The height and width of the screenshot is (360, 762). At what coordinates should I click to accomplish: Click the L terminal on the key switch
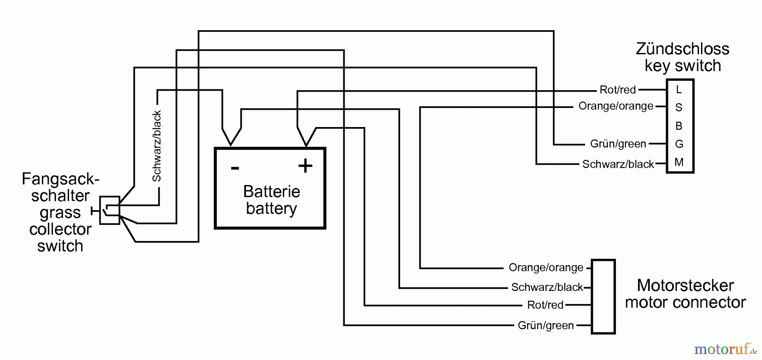[x=679, y=90]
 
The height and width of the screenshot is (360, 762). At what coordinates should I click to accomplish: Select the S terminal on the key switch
[x=679, y=108]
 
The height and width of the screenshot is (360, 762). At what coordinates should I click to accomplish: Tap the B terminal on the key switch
[x=679, y=126]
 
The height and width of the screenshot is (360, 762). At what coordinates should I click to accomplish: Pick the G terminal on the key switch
[x=679, y=144]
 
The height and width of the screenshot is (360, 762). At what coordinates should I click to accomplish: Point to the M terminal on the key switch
[x=679, y=162]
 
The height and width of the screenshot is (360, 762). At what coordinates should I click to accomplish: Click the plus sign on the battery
[x=305, y=166]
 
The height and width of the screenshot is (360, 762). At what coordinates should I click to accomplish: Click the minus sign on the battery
[x=235, y=168]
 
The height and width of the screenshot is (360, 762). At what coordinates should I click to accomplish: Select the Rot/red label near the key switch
[x=618, y=90]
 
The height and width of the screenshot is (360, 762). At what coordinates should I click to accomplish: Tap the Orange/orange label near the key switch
[x=616, y=106]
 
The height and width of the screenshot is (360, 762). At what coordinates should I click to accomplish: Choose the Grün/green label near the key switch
[x=618, y=144]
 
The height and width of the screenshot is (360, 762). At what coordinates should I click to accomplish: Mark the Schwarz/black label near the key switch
[x=618, y=164]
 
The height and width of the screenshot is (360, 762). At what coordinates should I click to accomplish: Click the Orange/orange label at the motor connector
[x=546, y=268]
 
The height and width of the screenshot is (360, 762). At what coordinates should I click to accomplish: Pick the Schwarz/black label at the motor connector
[x=547, y=287]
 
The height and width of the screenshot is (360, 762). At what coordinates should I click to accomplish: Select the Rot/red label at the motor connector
[x=545, y=305]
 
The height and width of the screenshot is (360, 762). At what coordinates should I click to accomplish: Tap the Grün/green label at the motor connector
[x=546, y=325]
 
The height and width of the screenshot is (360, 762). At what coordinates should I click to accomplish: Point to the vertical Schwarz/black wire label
[x=157, y=146]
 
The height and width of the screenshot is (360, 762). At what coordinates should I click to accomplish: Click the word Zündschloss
[x=682, y=49]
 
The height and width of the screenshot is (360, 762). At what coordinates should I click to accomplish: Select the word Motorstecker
[x=685, y=285]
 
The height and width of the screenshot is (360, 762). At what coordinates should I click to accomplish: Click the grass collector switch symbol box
[x=110, y=210]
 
